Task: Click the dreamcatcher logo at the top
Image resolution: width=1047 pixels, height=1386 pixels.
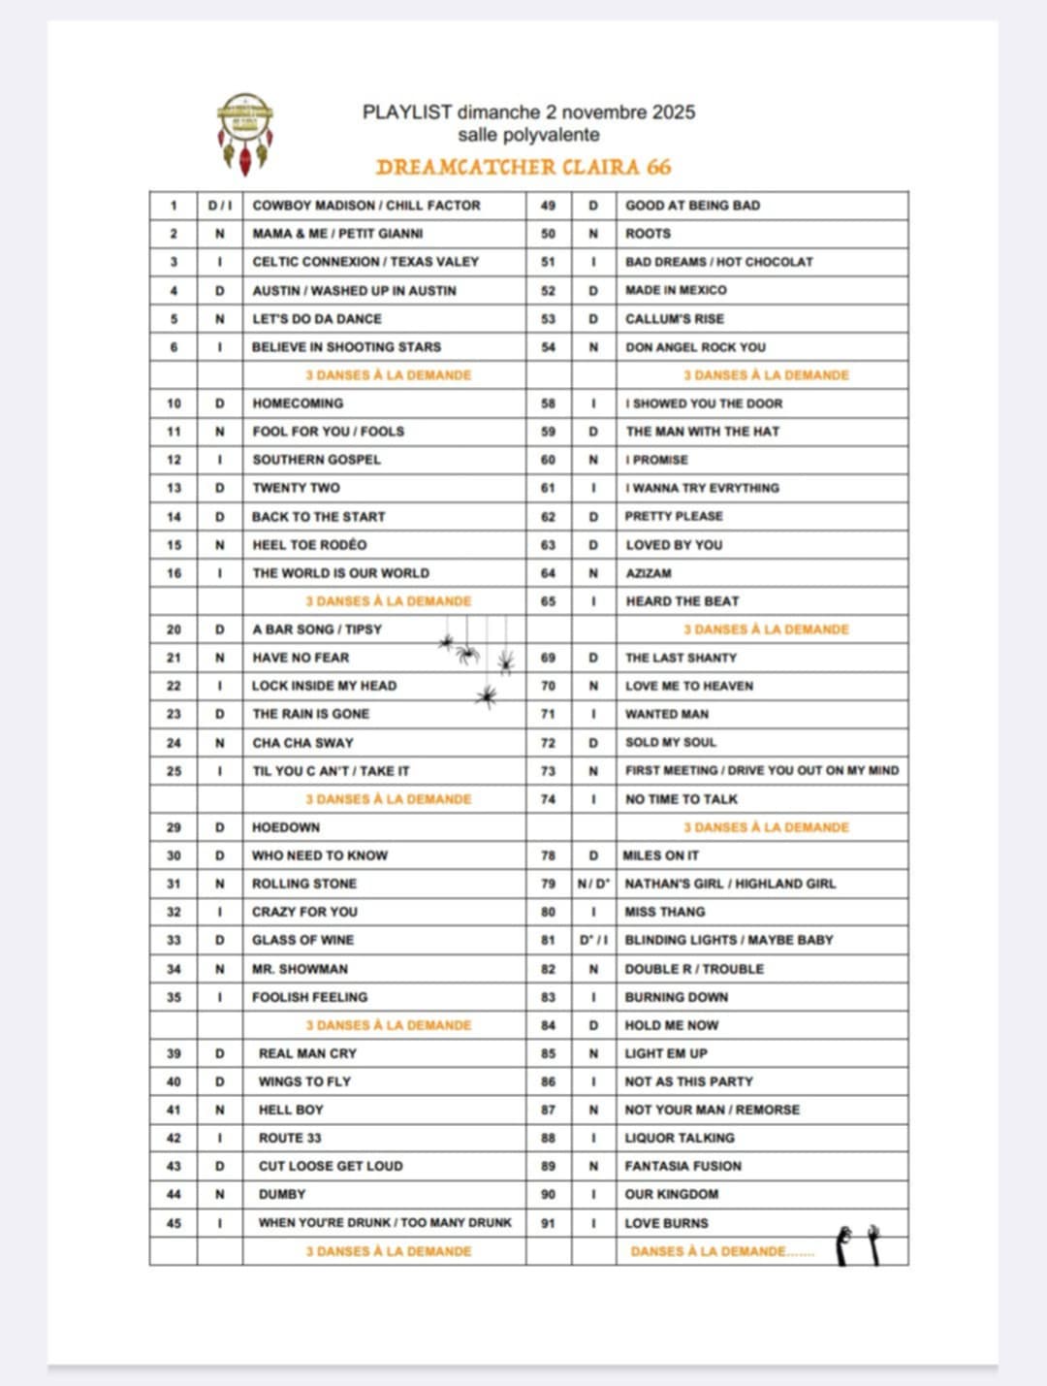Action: (244, 133)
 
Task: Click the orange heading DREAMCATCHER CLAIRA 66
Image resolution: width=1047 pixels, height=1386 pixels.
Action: (523, 167)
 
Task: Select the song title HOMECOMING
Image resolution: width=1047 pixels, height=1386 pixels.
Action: (298, 403)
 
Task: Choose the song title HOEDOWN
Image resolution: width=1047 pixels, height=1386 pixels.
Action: (286, 827)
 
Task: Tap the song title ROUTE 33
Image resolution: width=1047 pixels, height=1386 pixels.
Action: (290, 1138)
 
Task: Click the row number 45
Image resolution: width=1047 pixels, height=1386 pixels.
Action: (174, 1223)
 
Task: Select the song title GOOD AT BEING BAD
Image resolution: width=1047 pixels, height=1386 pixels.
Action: (692, 206)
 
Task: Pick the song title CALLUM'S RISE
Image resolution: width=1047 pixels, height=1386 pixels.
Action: (675, 319)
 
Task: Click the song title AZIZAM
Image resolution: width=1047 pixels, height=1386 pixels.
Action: (649, 573)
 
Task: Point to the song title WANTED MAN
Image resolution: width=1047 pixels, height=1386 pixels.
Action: (667, 714)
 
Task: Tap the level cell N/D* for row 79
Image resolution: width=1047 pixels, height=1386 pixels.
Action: (593, 884)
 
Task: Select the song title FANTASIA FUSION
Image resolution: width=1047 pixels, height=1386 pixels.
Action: (682, 1166)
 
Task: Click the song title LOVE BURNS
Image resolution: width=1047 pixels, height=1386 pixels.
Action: (666, 1223)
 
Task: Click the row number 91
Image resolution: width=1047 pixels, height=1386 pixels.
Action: (548, 1223)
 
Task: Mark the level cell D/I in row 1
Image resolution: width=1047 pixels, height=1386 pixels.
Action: (220, 206)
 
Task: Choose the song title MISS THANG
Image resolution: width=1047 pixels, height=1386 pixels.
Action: (665, 912)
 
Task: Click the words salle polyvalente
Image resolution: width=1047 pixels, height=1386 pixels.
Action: (528, 135)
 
